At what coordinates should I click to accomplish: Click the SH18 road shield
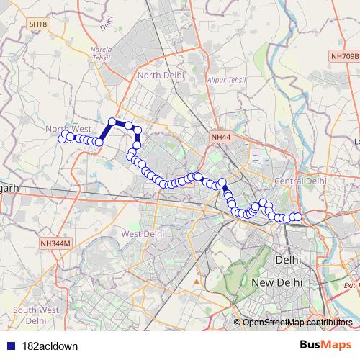tap(38, 24)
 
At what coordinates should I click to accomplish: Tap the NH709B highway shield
tap(344, 55)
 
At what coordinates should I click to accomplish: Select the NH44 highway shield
tap(221, 135)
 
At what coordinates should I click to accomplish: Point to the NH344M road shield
tap(57, 243)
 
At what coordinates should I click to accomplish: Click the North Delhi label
tap(161, 75)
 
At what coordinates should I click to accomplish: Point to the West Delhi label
tap(143, 233)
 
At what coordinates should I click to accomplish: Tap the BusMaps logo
tap(325, 345)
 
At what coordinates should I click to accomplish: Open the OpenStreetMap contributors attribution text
tap(297, 322)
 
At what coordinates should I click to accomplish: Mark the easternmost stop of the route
tap(297, 217)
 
